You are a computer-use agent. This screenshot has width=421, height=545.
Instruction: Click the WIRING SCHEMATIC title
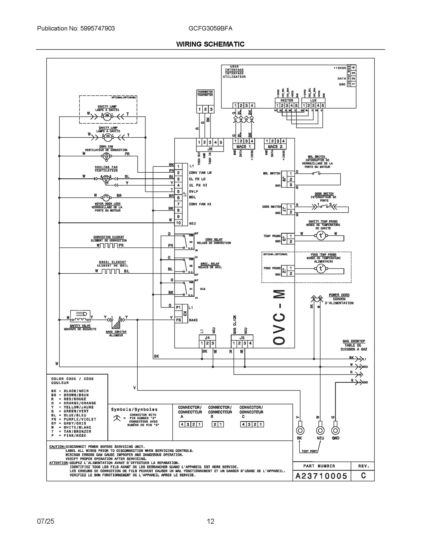[x=210, y=44]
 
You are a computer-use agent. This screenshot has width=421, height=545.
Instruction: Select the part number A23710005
[x=321, y=476]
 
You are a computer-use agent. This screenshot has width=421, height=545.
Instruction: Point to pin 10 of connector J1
[x=178, y=223]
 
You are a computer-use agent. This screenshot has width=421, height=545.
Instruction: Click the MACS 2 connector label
[x=275, y=147]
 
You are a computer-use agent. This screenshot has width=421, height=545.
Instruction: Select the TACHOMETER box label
[x=205, y=93]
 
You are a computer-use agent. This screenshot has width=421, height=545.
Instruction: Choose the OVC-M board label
[x=279, y=317]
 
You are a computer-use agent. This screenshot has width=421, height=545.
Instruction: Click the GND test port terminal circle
[x=335, y=431]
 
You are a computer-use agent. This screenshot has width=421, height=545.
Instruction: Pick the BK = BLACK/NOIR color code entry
[x=70, y=391]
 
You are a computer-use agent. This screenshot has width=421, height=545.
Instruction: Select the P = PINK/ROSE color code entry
[x=69, y=436]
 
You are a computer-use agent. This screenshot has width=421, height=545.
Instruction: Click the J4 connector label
[x=207, y=338]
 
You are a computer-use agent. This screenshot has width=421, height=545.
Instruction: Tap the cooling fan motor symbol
[x=106, y=179]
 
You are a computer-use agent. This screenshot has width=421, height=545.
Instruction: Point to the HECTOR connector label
[x=287, y=100]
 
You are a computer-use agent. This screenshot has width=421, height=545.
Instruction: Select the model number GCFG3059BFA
[x=210, y=28]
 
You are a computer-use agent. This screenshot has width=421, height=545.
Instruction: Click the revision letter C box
[x=363, y=476]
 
